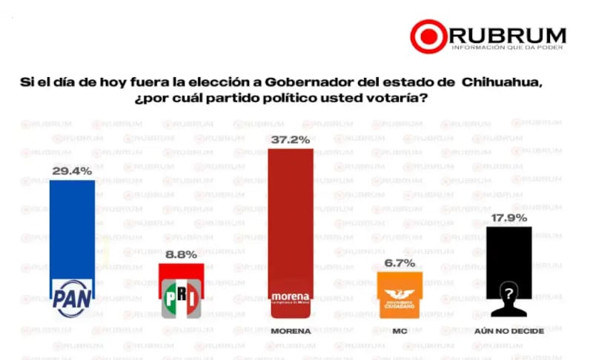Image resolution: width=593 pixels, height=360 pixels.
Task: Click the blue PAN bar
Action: point(72,230)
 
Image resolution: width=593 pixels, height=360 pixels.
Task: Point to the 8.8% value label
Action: point(181,254)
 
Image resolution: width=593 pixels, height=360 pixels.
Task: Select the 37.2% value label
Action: point(291,139)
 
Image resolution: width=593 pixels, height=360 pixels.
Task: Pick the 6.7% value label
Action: point(400,263)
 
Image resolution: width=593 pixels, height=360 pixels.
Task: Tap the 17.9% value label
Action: point(508,218)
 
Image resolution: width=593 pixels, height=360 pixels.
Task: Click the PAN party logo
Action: point(72,298)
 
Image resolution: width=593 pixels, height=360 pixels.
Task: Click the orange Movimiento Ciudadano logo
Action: point(400,296)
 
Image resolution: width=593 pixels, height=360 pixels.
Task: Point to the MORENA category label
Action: point(291,331)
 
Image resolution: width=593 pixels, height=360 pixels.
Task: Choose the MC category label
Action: point(400,331)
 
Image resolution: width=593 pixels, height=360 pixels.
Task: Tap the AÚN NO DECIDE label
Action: point(509,331)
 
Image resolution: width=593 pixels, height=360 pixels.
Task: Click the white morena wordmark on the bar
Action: point(291,297)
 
